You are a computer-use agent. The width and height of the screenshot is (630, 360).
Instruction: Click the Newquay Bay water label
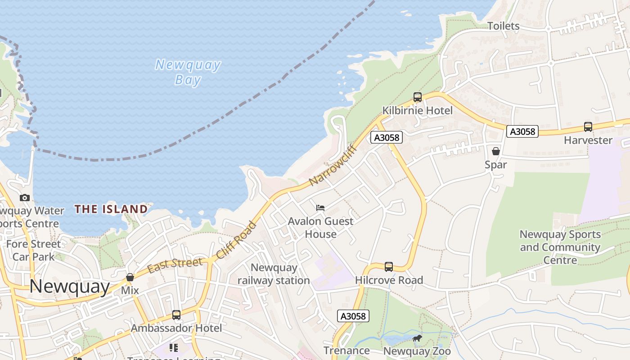188,72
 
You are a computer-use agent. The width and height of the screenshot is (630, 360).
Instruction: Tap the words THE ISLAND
111,209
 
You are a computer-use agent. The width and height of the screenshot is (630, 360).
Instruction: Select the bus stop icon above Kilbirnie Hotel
417,97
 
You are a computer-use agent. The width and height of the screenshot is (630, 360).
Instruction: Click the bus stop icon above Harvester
588,127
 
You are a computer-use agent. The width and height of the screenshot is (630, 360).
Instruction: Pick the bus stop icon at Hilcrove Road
389,267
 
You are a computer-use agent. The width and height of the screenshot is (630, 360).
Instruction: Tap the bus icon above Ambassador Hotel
176,315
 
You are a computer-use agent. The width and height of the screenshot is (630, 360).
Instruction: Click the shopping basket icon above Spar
495,151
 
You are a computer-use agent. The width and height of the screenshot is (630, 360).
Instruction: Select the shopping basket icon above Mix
130,277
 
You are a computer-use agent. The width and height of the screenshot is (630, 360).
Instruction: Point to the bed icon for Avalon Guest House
320,207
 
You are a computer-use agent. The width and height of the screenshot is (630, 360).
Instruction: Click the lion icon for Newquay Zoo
417,338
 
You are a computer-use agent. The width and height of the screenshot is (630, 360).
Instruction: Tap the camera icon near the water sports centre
25,198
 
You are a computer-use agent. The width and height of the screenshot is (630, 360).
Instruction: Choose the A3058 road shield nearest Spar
522,131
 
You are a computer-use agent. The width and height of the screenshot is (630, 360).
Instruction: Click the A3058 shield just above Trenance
353,316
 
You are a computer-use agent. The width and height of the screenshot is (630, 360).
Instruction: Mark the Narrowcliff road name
333,166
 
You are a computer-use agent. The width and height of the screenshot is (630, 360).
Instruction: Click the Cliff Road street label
236,240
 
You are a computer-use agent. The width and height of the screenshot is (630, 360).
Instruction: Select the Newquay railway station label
274,274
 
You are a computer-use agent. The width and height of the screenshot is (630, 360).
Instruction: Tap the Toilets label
504,26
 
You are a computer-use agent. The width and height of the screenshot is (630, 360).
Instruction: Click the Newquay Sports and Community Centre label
560,247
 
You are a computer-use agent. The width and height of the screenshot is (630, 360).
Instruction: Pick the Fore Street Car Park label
33,251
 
